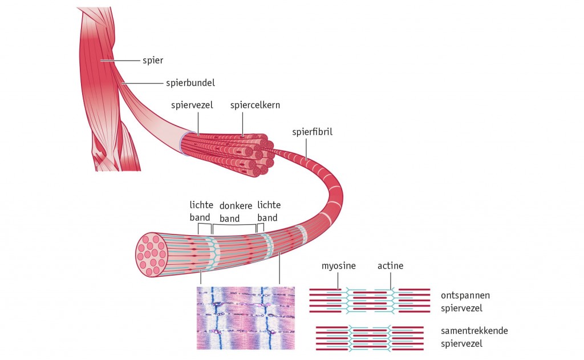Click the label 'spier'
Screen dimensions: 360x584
click(x=153, y=59)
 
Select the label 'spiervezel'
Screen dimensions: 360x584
click(x=193, y=106)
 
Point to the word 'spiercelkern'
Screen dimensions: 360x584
click(x=255, y=106)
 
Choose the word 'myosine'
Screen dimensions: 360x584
click(x=338, y=266)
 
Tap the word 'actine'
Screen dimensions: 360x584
click(x=390, y=266)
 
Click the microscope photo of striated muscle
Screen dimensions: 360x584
click(x=245, y=317)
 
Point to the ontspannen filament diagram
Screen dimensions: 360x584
click(x=370, y=301)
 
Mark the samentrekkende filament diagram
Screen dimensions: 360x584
click(x=370, y=337)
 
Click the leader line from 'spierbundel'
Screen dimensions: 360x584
click(x=145, y=83)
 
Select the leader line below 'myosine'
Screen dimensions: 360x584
click(x=338, y=281)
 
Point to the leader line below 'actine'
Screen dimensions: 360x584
click(x=391, y=280)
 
